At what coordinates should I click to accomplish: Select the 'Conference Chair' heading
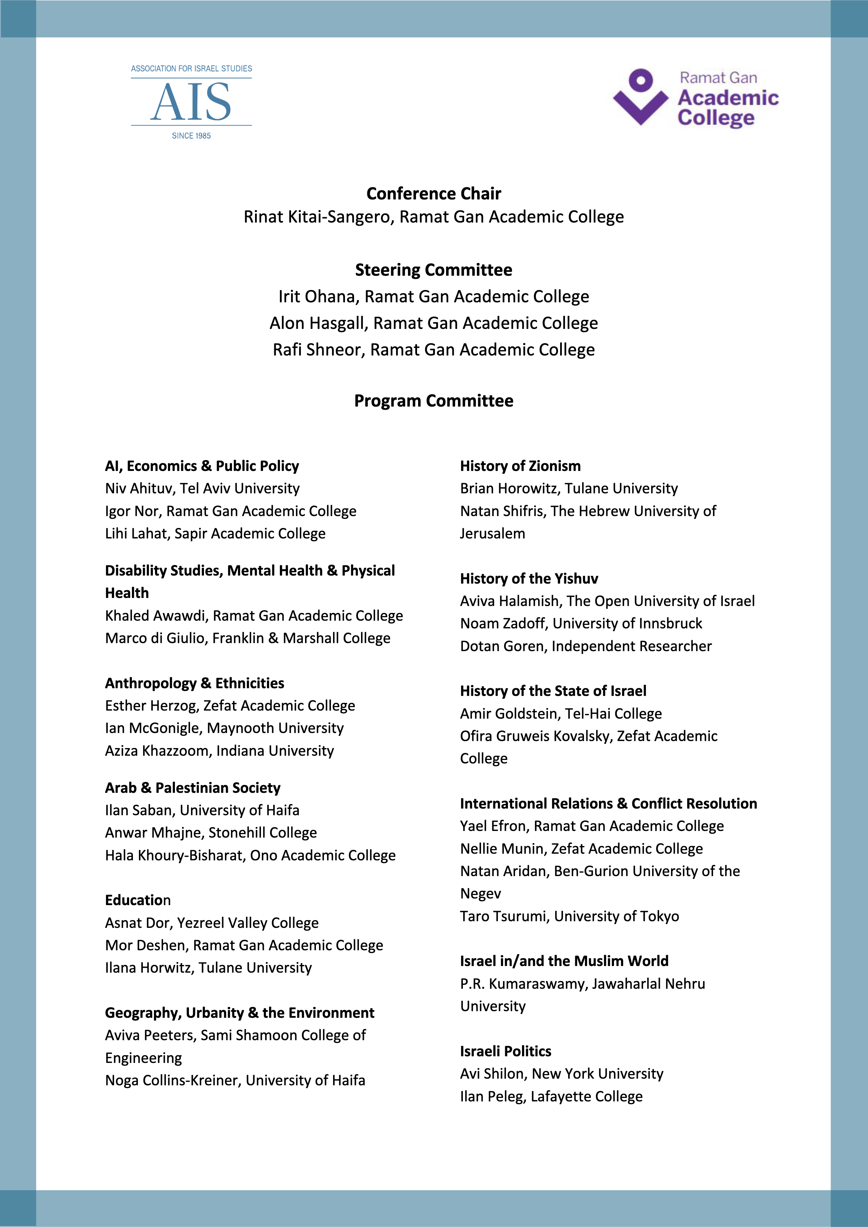point(433,193)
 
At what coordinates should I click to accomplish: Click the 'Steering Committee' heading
point(433,270)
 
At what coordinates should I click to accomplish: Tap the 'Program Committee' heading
point(433,401)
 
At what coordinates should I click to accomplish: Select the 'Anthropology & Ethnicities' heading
point(195,683)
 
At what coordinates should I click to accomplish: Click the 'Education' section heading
point(137,901)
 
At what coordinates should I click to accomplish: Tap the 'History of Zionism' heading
point(520,466)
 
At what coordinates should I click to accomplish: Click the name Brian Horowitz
point(509,488)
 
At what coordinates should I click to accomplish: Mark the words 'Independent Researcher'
point(631,647)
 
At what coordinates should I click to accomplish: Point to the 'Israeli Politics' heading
point(505,1051)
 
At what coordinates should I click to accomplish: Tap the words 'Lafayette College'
point(586,1096)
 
